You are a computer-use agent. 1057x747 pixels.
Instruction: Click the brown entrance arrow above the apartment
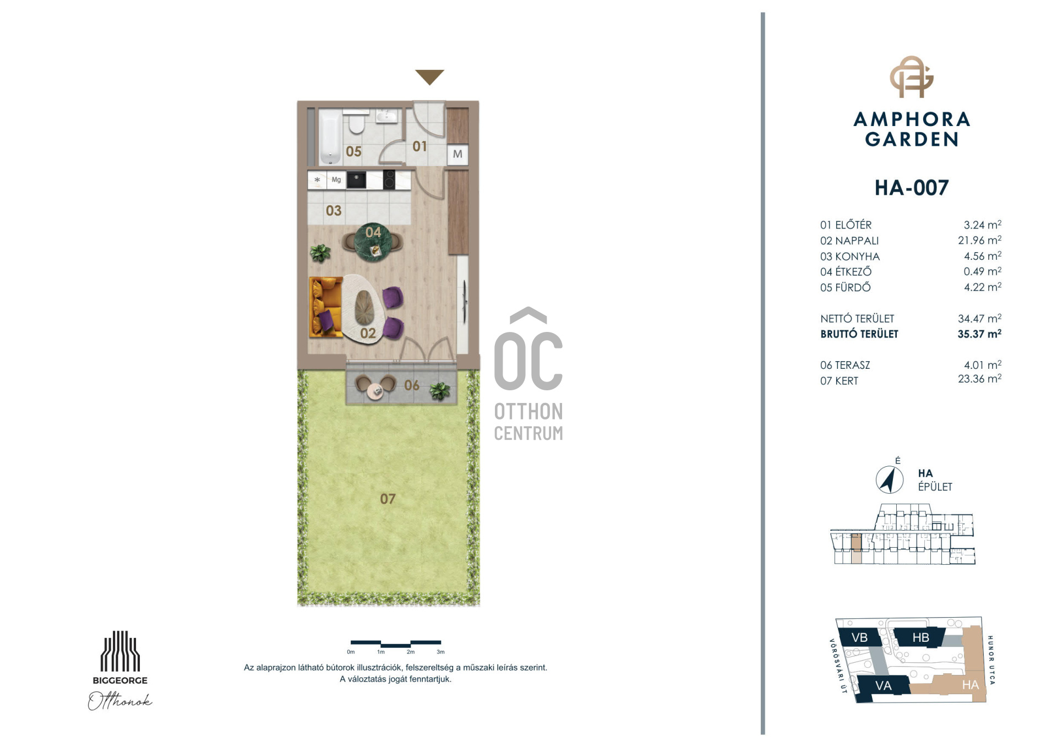[429, 76]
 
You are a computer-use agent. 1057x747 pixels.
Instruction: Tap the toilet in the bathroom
[357, 123]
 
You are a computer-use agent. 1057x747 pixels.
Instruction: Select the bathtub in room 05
[330, 137]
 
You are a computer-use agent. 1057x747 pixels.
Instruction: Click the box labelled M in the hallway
[457, 154]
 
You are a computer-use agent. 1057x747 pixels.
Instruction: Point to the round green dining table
[373, 243]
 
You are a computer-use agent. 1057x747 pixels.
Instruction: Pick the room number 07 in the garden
[388, 499]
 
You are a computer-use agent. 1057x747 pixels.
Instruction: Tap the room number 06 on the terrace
[411, 385]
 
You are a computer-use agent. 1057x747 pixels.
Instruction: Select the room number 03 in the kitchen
[334, 210]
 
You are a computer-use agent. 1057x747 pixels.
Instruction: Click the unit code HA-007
[912, 188]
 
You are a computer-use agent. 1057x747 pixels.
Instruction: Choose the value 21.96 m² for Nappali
[979, 240]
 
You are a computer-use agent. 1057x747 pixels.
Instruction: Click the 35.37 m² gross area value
[979, 334]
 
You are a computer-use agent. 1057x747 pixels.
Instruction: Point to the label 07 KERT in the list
[839, 381]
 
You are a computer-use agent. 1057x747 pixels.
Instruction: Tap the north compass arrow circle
[889, 479]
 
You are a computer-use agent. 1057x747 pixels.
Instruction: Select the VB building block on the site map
[859, 637]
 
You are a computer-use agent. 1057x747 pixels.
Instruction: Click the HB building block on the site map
[920, 637]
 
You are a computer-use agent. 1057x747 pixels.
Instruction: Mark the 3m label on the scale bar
[440, 652]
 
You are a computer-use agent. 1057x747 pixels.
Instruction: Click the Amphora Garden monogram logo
[912, 77]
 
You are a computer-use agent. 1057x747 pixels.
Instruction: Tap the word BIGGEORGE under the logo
[120, 680]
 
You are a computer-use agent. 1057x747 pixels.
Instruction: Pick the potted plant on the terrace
[440, 390]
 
